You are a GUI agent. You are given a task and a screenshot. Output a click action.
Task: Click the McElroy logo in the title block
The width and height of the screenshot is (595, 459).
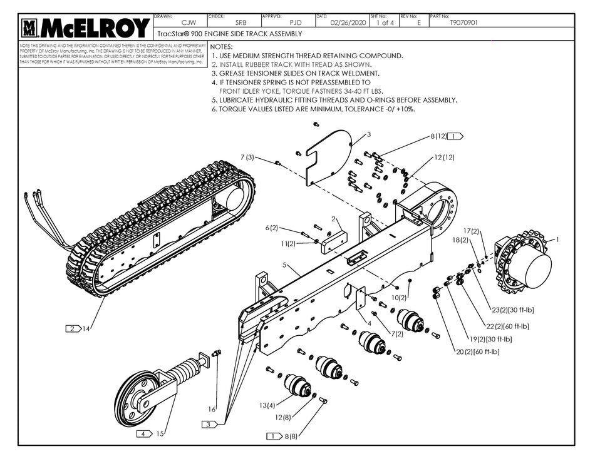(86, 28)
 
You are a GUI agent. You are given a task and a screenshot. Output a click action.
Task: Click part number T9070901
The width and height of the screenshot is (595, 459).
(464, 23)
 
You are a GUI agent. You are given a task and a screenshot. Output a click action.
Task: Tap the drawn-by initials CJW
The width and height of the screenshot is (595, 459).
(180, 23)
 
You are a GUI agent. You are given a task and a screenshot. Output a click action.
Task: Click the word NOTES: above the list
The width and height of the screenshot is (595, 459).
(222, 47)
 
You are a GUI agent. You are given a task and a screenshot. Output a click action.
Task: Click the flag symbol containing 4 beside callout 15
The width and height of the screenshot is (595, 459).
(145, 433)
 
